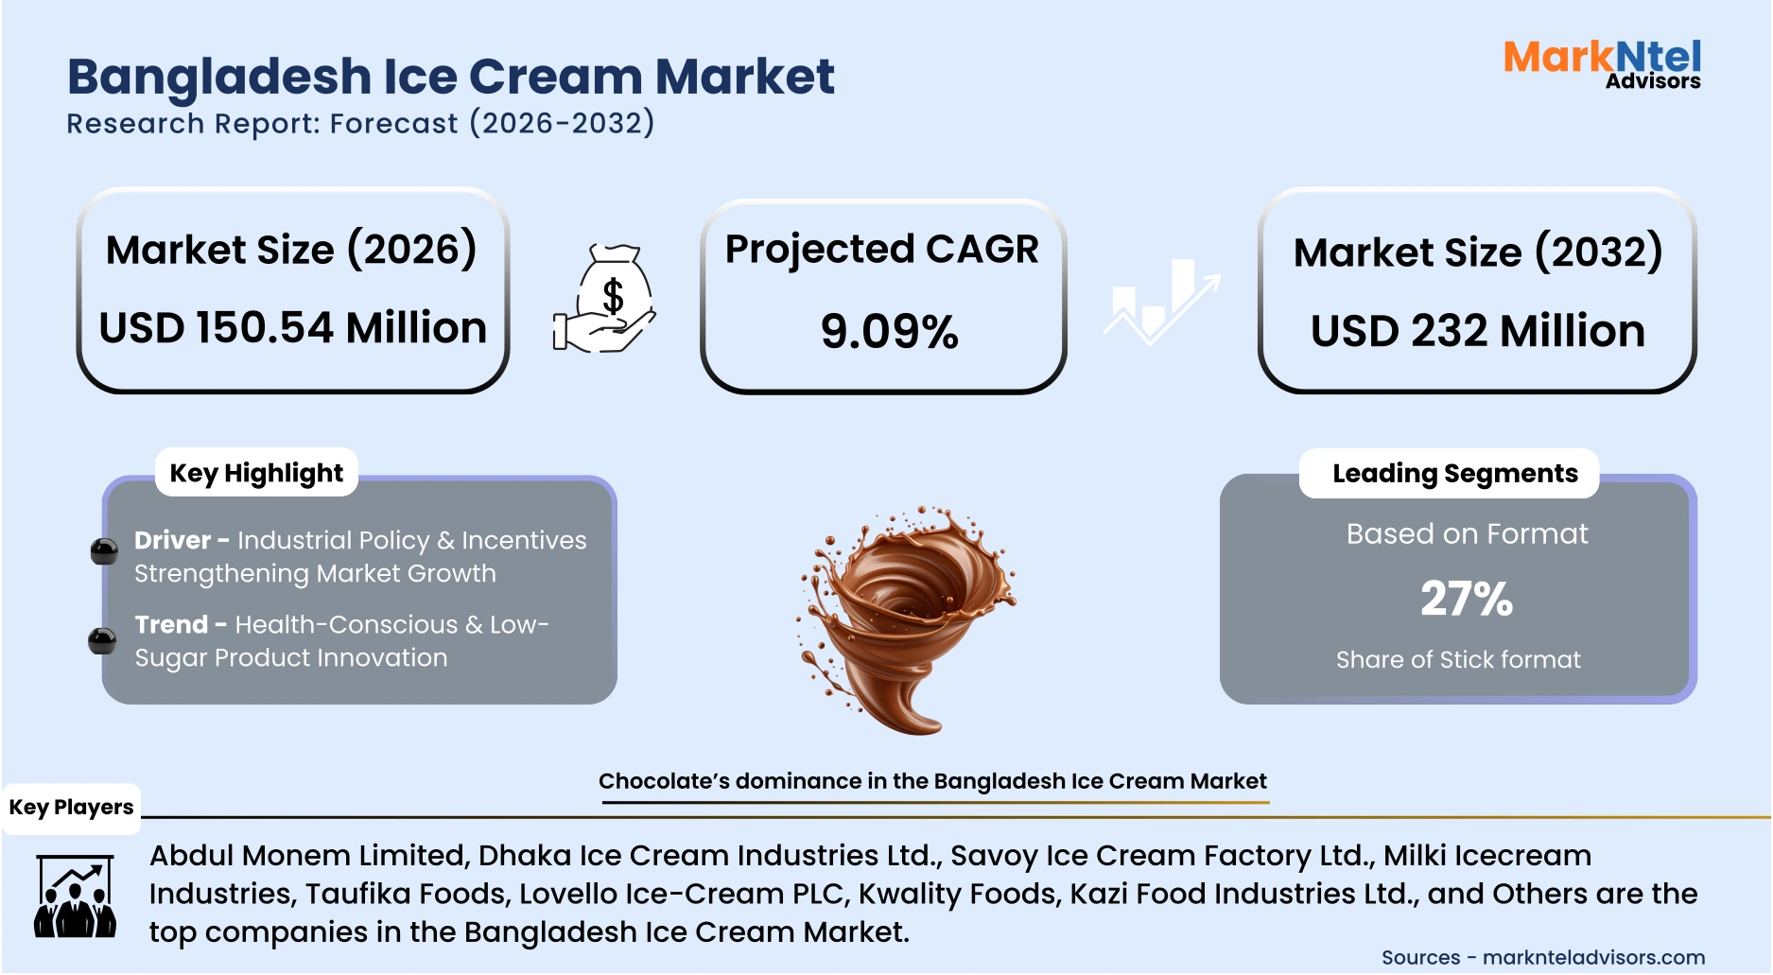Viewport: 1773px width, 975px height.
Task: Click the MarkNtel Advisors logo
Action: click(x=1602, y=64)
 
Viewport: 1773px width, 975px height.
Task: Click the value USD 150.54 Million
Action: click(x=292, y=328)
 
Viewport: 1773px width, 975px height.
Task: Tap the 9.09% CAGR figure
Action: click(x=889, y=332)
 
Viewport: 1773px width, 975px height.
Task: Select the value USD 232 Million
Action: click(x=1477, y=331)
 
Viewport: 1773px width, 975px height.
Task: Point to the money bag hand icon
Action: click(x=605, y=300)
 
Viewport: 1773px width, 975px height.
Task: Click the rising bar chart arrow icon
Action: click(x=1162, y=300)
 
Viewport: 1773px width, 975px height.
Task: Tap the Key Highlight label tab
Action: click(x=256, y=473)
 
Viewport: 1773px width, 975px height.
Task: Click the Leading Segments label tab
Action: click(x=1454, y=473)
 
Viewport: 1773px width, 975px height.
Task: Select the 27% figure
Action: click(x=1466, y=599)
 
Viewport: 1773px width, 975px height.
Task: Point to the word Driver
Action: click(x=172, y=540)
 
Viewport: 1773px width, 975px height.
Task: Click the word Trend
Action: click(x=171, y=624)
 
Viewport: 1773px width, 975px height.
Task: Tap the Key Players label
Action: click(x=71, y=808)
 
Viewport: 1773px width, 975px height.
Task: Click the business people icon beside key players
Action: click(x=75, y=897)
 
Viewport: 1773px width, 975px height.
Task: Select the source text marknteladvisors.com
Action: click(x=1593, y=957)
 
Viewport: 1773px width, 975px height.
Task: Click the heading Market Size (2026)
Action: click(x=291, y=250)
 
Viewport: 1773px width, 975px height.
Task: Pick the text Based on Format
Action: click(x=1467, y=534)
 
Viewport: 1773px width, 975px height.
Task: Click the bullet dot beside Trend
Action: click(x=102, y=641)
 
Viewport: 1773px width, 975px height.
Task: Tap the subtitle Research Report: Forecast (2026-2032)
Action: click(x=360, y=124)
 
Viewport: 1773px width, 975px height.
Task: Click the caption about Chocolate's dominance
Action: click(x=931, y=781)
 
